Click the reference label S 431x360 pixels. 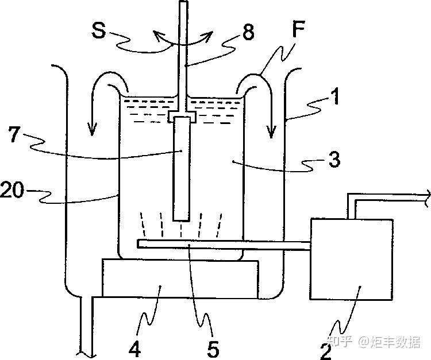[x=99, y=30]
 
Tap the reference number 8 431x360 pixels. [x=248, y=32]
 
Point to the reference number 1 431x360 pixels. [x=334, y=96]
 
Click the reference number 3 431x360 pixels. [x=334, y=159]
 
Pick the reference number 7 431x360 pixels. [x=14, y=134]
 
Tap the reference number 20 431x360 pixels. [x=12, y=189]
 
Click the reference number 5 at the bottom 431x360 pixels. [x=213, y=349]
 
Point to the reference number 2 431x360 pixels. [x=326, y=351]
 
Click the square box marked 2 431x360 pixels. [x=351, y=259]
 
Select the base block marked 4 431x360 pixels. [x=180, y=278]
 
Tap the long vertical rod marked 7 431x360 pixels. [x=182, y=168]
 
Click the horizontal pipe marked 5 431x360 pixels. [x=223, y=245]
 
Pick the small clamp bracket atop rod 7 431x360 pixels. [x=182, y=117]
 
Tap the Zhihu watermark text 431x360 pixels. [x=375, y=342]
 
